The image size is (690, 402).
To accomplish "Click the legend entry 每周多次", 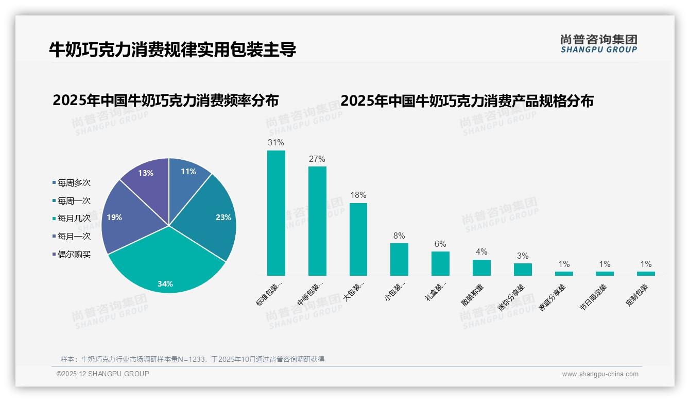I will click(74, 183).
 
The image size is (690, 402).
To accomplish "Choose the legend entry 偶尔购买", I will click(74, 255).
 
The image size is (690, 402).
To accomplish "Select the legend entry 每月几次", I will click(74, 219).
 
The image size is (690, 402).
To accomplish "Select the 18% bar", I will click(358, 239).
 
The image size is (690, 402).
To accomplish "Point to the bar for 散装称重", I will click(481, 267).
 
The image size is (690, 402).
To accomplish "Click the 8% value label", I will click(399, 236).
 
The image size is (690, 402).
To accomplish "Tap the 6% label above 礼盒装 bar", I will click(440, 244).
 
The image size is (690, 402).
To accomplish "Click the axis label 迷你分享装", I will click(511, 297).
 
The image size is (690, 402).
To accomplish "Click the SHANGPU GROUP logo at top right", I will click(598, 44).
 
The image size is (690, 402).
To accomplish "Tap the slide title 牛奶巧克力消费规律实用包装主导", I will click(173, 50).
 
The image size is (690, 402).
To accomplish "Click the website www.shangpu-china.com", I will click(600, 374).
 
